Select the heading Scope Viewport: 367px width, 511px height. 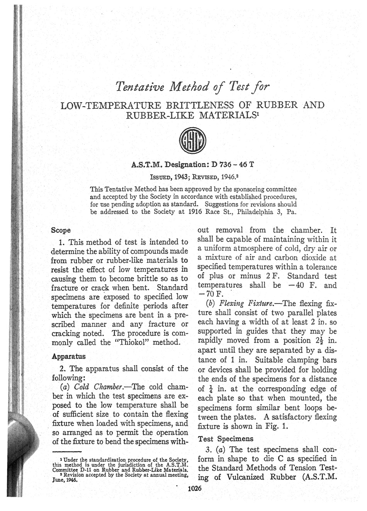(x=61, y=230)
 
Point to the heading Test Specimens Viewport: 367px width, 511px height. (x=220, y=438)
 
